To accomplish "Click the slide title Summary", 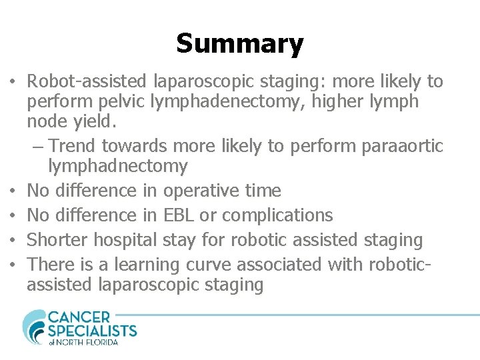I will pos(240,44).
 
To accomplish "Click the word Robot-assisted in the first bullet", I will pos(89,82).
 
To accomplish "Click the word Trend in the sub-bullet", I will pos(75,145).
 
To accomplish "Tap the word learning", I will pos(147,265).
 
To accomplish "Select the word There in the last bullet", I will pos(52,265).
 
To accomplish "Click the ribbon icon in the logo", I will pos(33,327).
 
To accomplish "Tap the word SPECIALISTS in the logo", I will pos(92,331).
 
